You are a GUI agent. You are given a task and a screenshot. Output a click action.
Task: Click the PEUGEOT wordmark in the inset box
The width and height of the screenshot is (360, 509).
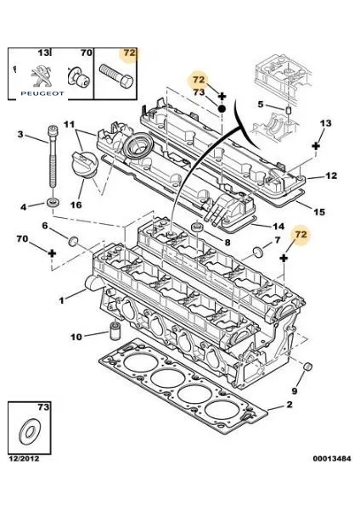point(42,93)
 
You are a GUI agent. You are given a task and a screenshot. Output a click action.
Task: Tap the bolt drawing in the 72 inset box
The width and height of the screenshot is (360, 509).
point(116,76)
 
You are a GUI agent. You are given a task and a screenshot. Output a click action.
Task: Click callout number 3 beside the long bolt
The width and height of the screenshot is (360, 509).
point(20,134)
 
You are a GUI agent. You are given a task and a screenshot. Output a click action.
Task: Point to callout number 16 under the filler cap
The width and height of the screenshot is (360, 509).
point(76,204)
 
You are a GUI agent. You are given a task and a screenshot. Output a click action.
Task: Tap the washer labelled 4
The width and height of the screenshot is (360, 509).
point(53,203)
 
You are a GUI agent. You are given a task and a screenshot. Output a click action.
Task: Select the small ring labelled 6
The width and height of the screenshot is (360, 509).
point(73,242)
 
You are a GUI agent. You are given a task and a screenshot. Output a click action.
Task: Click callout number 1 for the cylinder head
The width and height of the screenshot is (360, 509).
point(61,300)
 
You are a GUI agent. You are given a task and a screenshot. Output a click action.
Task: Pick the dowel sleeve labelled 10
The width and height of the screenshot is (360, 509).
point(114,332)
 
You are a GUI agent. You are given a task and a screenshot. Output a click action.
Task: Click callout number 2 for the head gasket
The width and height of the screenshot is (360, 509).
point(289,405)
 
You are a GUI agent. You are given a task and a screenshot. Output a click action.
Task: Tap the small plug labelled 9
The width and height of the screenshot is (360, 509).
point(307,366)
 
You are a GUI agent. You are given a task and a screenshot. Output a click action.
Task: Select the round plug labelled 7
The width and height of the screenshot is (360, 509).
point(257,252)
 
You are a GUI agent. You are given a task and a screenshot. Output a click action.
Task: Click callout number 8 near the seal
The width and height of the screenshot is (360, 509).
point(227,242)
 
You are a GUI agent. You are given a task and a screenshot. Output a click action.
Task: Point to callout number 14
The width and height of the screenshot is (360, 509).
point(278,227)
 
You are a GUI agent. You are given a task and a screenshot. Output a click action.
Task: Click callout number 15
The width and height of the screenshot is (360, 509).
point(319,212)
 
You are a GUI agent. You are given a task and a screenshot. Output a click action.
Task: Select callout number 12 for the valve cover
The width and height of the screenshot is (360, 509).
point(331,176)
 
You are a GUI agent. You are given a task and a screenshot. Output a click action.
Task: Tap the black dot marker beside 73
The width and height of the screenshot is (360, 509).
point(222,109)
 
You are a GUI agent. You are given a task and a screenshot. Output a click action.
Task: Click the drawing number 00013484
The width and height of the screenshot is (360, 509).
point(332,459)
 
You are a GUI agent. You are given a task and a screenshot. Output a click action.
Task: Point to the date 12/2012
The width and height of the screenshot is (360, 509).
point(24,459)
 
